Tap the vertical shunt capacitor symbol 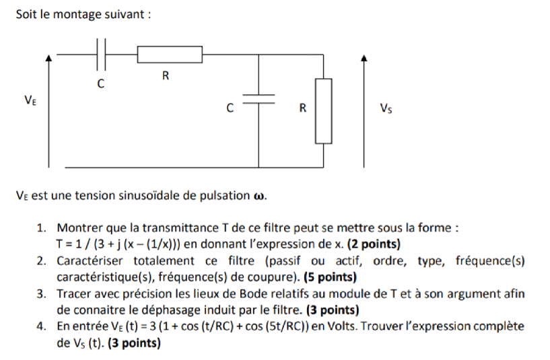coord(259,99)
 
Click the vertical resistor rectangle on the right coord(324,111)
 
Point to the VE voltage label coord(30,100)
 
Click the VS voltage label coord(386,108)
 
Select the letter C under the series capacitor coord(101,85)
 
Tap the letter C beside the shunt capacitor coord(230,108)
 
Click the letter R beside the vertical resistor coord(303,108)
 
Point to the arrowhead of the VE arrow coord(48,59)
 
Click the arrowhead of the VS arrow coord(364,59)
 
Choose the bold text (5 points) coord(331,277)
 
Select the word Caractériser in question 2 coord(87,260)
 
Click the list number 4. coord(42,326)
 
